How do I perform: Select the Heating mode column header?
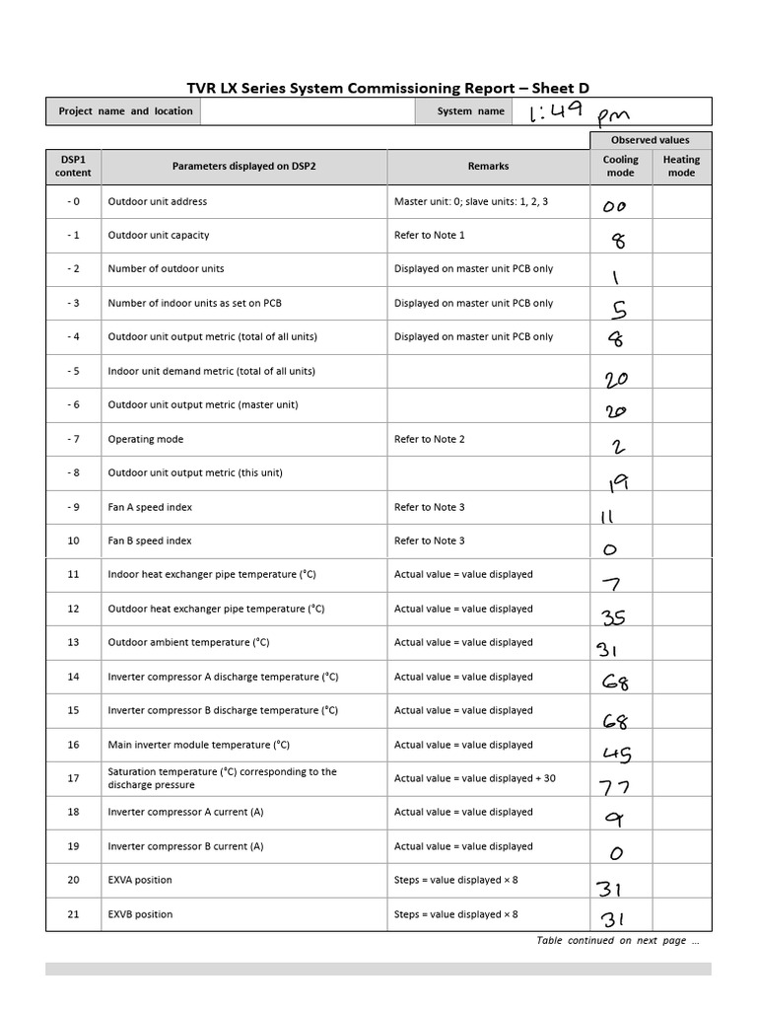pyautogui.click(x=681, y=166)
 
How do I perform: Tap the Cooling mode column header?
pyautogui.click(x=621, y=166)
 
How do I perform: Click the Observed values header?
pyautogui.click(x=651, y=140)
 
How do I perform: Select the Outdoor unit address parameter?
pyautogui.click(x=158, y=201)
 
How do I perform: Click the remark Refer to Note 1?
pyautogui.click(x=430, y=235)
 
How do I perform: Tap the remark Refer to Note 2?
pyautogui.click(x=430, y=439)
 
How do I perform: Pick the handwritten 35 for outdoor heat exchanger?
pyautogui.click(x=613, y=618)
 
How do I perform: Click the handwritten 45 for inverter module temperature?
pyautogui.click(x=617, y=755)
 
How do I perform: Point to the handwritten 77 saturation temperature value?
pyautogui.click(x=616, y=787)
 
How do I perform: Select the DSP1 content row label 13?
pyautogui.click(x=73, y=642)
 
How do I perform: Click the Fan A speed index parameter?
pyautogui.click(x=150, y=507)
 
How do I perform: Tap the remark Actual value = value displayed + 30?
pyautogui.click(x=475, y=778)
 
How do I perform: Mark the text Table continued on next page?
pyautogui.click(x=617, y=941)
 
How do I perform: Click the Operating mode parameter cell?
pyautogui.click(x=146, y=439)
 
